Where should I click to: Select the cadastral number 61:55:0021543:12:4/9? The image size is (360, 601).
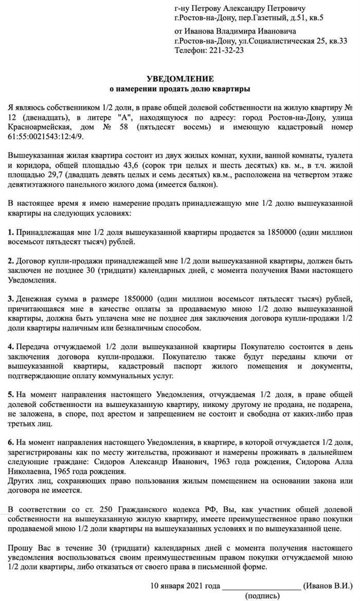pyautogui.click(x=45, y=136)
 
